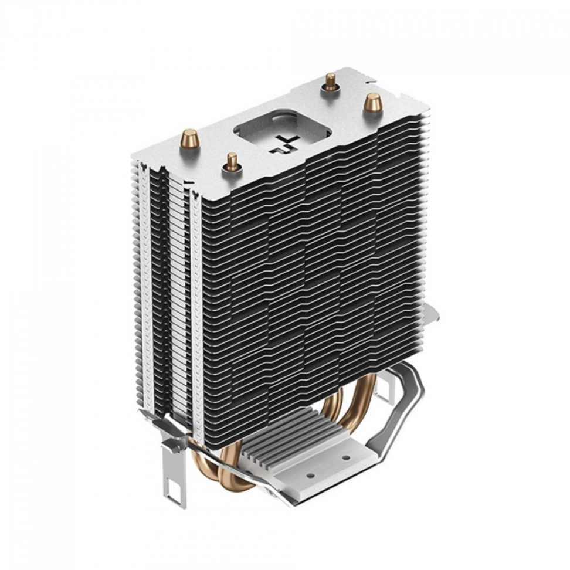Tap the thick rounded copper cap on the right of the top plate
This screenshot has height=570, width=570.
370,103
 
